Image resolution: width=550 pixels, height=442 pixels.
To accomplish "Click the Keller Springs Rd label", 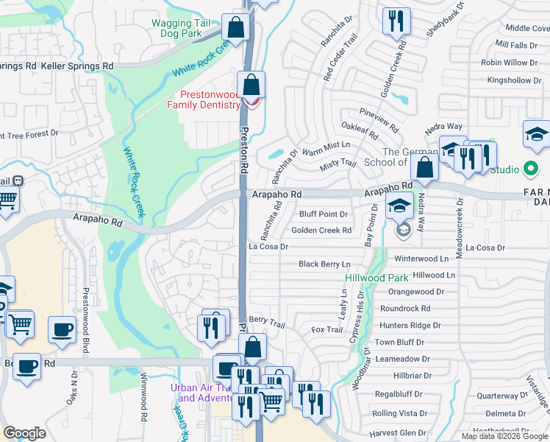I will pos(80,66).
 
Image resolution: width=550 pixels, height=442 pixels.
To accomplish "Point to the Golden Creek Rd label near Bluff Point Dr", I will pos(321,231).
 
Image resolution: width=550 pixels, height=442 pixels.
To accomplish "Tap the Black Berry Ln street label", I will pos(324,264).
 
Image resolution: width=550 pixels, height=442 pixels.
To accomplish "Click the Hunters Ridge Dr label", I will pos(410,325).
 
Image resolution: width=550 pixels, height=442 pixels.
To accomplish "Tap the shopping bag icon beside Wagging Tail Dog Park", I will pos(236,29).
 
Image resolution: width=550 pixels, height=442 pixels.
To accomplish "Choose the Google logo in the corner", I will pos(25,433).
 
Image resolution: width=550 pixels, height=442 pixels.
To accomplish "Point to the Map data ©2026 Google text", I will pos(505,436).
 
